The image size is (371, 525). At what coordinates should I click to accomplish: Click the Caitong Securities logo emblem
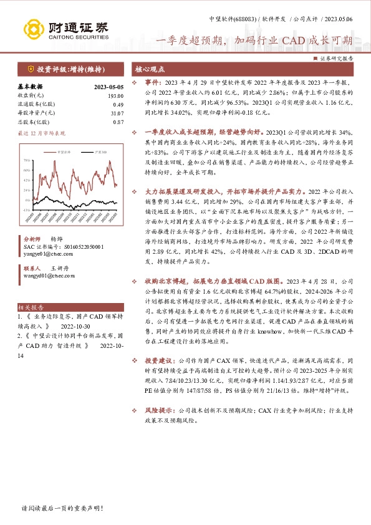(x=34, y=29)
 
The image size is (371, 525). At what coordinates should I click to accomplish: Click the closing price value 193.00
(x=116, y=95)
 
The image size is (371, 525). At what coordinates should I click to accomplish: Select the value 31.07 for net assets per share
(x=117, y=113)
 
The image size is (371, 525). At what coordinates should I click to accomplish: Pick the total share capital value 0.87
(x=118, y=122)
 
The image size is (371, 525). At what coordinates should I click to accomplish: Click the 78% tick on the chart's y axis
(x=27, y=160)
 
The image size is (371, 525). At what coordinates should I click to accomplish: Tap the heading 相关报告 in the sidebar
(x=31, y=307)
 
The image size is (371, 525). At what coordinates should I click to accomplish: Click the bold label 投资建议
(x=159, y=360)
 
